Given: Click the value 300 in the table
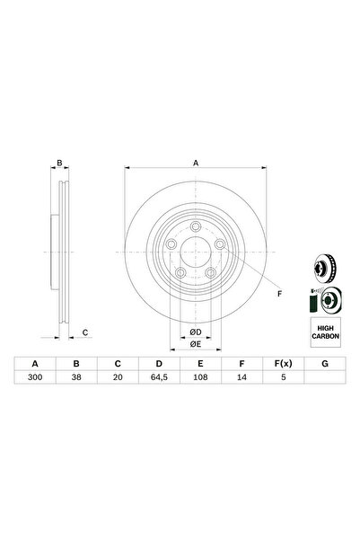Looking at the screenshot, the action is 35,377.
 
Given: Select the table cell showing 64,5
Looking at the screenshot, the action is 159,377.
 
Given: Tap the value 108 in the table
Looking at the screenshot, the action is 200,377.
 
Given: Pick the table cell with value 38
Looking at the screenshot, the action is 76,377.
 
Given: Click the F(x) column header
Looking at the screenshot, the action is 284,364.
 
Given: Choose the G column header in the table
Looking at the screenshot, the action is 325,364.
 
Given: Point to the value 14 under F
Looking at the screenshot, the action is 242,377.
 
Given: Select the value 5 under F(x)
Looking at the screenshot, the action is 284,377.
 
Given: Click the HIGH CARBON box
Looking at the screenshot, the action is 326,332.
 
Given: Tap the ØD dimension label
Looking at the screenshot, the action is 196,332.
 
